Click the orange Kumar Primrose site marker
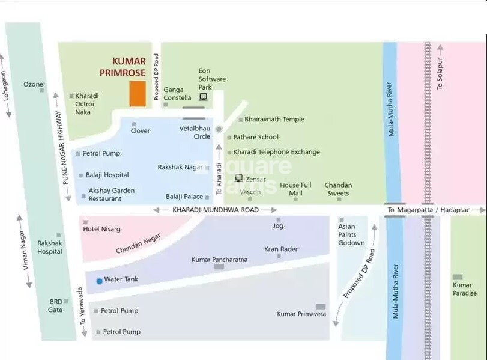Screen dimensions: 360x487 [137, 94]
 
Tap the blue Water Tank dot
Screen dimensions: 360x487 [99, 280]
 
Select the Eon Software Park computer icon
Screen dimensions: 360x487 [203, 97]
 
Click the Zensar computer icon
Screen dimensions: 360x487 [238, 178]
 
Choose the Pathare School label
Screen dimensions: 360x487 [256, 137]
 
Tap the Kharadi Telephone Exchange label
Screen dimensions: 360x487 [276, 152]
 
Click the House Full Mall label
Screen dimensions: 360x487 [295, 189]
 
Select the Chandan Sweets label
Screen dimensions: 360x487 [338, 189]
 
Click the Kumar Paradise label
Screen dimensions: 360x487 [465, 289]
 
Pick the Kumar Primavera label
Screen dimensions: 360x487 [301, 314]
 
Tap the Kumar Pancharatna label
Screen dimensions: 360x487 [219, 260]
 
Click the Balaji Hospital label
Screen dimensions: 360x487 [108, 175]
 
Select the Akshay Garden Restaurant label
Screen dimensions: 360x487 [111, 194]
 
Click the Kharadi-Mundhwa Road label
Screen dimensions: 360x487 [216, 210]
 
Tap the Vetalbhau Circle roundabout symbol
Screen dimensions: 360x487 [219, 129]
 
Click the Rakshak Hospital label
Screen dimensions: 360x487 [50, 247]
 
